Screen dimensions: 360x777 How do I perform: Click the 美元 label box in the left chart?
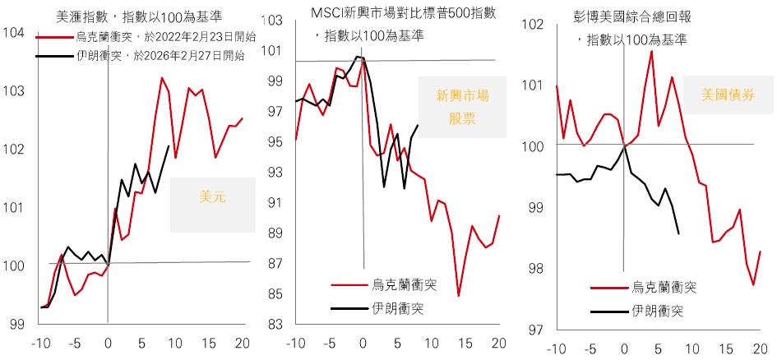(x=211, y=198)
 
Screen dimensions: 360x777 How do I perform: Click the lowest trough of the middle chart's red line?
(x=458, y=296)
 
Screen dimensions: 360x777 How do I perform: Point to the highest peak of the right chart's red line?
(x=651, y=51)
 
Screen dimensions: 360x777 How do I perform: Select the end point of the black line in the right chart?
(x=679, y=234)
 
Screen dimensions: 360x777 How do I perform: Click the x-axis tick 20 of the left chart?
(x=243, y=344)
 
